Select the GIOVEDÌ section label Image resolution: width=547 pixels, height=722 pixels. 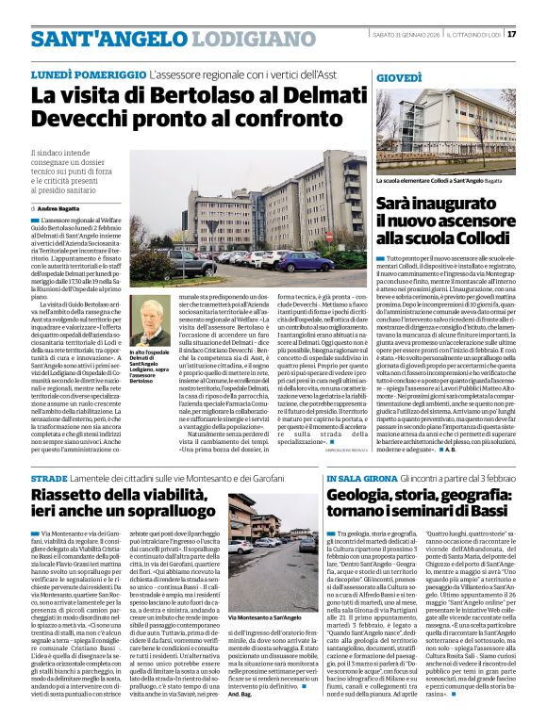(x=400, y=75)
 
